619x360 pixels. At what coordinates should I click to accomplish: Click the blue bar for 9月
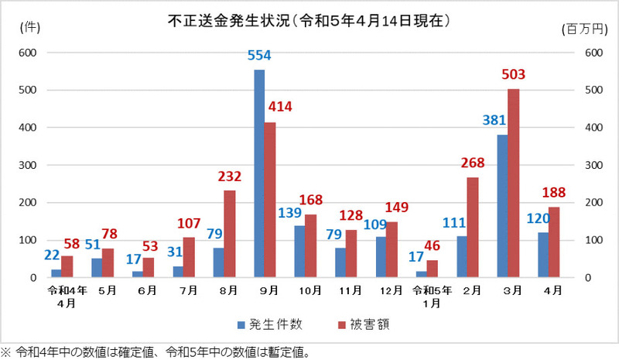point(259,173)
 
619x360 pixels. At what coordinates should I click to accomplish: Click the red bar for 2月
point(472,227)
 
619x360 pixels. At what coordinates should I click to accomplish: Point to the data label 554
point(259,56)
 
